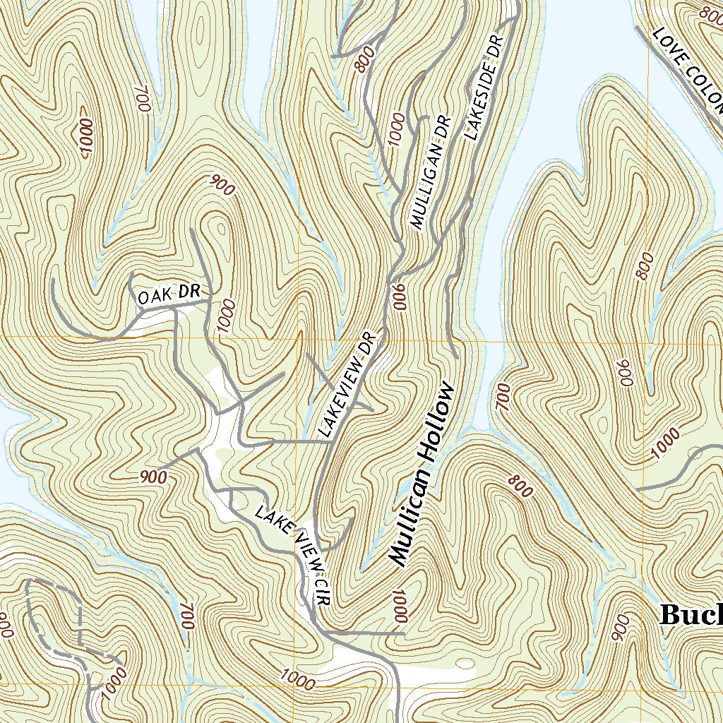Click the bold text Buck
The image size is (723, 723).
(x=691, y=614)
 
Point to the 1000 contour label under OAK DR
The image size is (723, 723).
(x=225, y=316)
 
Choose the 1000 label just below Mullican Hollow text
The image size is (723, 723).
(x=399, y=605)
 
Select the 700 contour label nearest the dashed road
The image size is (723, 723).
(x=186, y=616)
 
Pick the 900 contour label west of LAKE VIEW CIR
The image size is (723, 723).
(x=153, y=477)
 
